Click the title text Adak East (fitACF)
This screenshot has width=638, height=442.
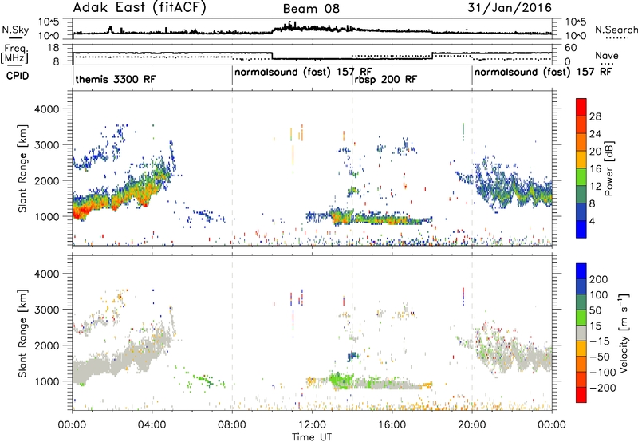click(140, 8)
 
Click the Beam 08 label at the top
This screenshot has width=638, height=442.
click(311, 9)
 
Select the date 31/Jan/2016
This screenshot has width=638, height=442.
click(510, 8)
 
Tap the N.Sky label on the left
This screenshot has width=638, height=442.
click(15, 30)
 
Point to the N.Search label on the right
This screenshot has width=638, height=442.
click(616, 30)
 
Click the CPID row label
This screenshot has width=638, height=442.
click(18, 76)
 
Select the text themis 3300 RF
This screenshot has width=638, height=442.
click(116, 79)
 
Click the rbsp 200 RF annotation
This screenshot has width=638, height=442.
click(386, 79)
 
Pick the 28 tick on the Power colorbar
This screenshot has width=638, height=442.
click(595, 116)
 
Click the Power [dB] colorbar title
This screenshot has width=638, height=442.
click(608, 168)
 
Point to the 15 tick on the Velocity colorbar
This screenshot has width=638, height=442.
click(594, 326)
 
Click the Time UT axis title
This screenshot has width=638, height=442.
click(312, 437)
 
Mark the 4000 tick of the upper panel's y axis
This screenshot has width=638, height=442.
click(47, 109)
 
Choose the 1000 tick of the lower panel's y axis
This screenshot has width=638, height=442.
click(47, 381)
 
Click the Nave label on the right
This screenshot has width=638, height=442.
click(607, 56)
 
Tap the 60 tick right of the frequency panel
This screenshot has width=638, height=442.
click(571, 48)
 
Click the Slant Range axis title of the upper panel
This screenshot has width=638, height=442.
click(22, 168)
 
